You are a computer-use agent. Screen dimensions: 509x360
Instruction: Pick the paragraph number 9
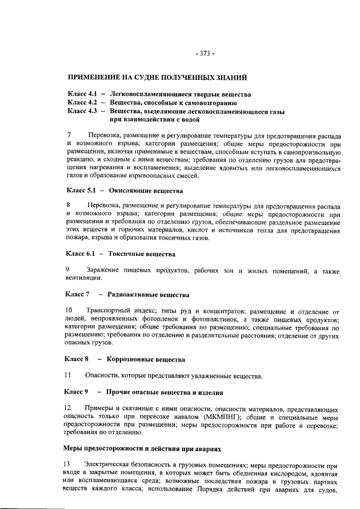click(x=69, y=271)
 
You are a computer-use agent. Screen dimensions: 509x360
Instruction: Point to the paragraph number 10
click(x=70, y=310)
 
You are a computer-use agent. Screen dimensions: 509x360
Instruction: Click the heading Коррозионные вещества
click(x=147, y=358)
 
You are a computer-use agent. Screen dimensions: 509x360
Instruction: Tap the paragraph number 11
click(x=69, y=375)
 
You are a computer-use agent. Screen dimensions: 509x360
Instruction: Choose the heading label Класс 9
click(x=78, y=390)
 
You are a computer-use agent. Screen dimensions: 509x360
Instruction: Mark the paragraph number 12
click(x=69, y=407)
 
